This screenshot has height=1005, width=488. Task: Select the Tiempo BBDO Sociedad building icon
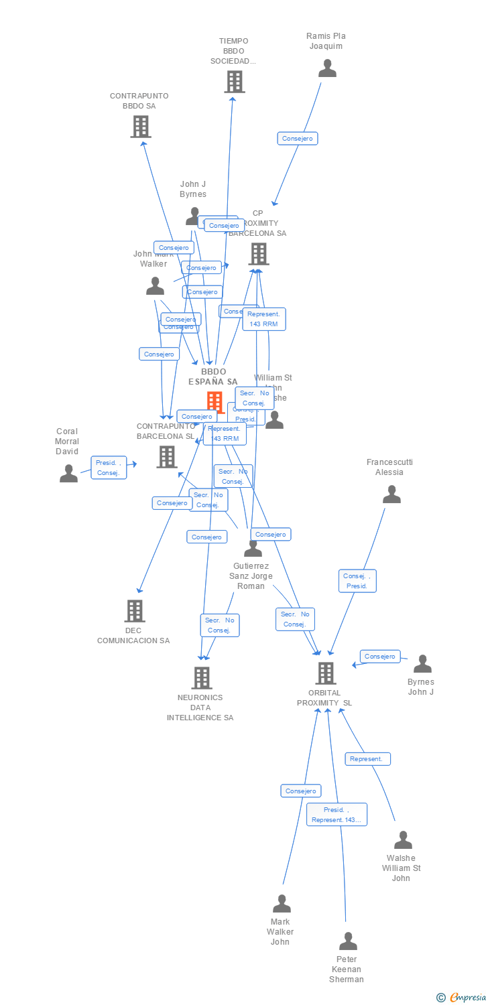[234, 82]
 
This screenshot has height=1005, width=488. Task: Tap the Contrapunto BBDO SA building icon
[141, 126]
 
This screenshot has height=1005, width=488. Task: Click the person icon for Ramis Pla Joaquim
[327, 68]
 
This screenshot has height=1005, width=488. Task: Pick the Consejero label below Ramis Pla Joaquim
[298, 139]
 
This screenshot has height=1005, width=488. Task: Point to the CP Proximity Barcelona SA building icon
[259, 254]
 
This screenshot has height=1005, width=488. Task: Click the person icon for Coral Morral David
[68, 474]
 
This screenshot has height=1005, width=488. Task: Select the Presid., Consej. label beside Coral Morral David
[109, 468]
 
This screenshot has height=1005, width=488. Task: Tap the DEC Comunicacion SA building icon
[135, 610]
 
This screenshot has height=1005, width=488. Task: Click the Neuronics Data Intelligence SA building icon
[202, 677]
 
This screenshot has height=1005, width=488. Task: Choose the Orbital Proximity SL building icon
[325, 673]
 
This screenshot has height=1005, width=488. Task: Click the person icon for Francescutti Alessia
[391, 494]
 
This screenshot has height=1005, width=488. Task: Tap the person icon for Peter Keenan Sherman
[348, 941]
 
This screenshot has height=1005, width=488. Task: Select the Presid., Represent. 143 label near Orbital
[337, 815]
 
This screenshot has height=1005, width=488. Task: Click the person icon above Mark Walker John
[282, 904]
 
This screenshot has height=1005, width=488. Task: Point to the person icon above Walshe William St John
[403, 840]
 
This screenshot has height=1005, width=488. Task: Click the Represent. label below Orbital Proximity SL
[367, 759]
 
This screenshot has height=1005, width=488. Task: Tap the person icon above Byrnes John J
[422, 664]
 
